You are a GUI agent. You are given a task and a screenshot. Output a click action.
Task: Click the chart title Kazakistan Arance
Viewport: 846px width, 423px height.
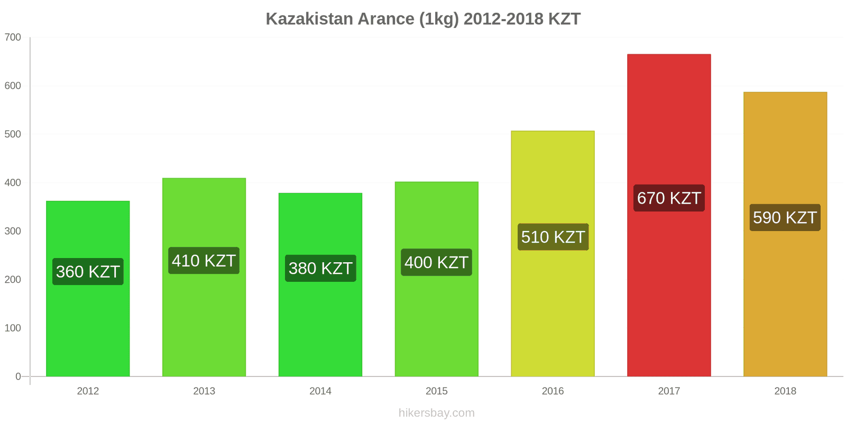(423, 19)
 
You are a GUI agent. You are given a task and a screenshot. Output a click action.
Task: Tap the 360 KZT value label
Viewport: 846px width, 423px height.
(88, 272)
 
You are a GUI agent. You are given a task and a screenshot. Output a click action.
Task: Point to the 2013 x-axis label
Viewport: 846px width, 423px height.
(204, 391)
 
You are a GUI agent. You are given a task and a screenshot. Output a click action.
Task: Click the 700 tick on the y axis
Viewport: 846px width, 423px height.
(13, 38)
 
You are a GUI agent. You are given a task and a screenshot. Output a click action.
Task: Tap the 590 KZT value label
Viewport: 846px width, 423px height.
(785, 218)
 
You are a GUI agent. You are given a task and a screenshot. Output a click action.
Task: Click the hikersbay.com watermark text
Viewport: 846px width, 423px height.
(436, 413)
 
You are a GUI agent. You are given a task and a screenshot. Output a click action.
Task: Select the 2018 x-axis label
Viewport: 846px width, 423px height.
(785, 391)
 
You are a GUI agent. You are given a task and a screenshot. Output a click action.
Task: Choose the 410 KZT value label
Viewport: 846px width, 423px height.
(204, 261)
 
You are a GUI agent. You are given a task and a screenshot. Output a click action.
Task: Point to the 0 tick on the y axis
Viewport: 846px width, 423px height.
(18, 376)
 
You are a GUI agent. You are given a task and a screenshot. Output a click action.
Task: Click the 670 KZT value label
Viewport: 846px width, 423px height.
(669, 198)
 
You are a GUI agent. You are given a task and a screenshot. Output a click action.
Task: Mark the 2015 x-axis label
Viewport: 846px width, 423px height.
(436, 391)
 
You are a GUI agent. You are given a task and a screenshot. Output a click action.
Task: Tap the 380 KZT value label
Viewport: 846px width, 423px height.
(320, 269)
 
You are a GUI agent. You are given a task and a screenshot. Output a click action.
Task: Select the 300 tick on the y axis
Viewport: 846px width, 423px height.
(13, 231)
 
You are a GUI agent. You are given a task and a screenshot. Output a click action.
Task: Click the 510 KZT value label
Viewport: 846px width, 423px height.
(553, 237)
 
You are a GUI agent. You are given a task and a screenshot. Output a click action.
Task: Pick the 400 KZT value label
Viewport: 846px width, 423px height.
(436, 263)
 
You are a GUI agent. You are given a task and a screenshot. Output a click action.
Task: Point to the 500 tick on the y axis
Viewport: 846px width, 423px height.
(13, 134)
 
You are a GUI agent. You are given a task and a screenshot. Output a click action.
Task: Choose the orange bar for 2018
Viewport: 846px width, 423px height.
(785, 296)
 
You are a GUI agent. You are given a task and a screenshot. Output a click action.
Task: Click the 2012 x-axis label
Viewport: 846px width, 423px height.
(88, 391)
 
